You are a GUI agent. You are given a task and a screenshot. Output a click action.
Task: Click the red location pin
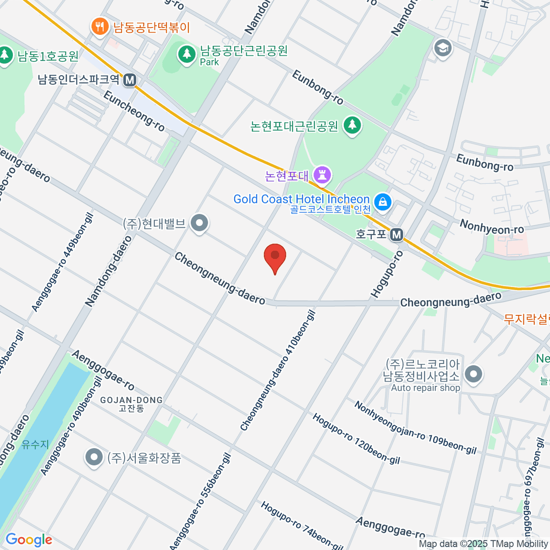[275, 257]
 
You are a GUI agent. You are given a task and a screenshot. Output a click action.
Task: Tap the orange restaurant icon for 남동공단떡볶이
[99, 26]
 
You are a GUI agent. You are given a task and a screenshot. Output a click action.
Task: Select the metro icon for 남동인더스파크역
[130, 80]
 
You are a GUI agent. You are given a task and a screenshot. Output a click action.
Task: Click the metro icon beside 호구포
[396, 235]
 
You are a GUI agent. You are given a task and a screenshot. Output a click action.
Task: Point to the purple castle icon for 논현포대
[323, 175]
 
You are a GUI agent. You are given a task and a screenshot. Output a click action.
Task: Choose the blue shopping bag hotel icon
[382, 201]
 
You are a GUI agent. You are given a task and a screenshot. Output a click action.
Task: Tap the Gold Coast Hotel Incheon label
[301, 199]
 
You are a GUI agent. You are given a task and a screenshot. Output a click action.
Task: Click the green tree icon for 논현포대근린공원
[352, 125]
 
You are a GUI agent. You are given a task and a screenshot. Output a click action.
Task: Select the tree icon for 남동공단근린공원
[186, 54]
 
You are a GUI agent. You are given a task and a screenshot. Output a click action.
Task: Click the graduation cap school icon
[442, 48]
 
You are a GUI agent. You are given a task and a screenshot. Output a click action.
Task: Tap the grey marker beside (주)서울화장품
[94, 457]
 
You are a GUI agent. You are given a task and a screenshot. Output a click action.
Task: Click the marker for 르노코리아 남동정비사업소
[473, 374]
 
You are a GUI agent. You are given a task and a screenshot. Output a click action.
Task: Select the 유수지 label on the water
[35, 444]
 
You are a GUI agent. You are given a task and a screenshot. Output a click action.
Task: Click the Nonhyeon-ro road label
[491, 226]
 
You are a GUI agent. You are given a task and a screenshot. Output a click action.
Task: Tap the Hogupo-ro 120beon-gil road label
[356, 439]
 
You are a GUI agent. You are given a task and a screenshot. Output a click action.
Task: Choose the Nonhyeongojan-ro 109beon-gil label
[415, 428]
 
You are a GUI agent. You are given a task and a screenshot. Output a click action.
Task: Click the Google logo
[28, 540]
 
